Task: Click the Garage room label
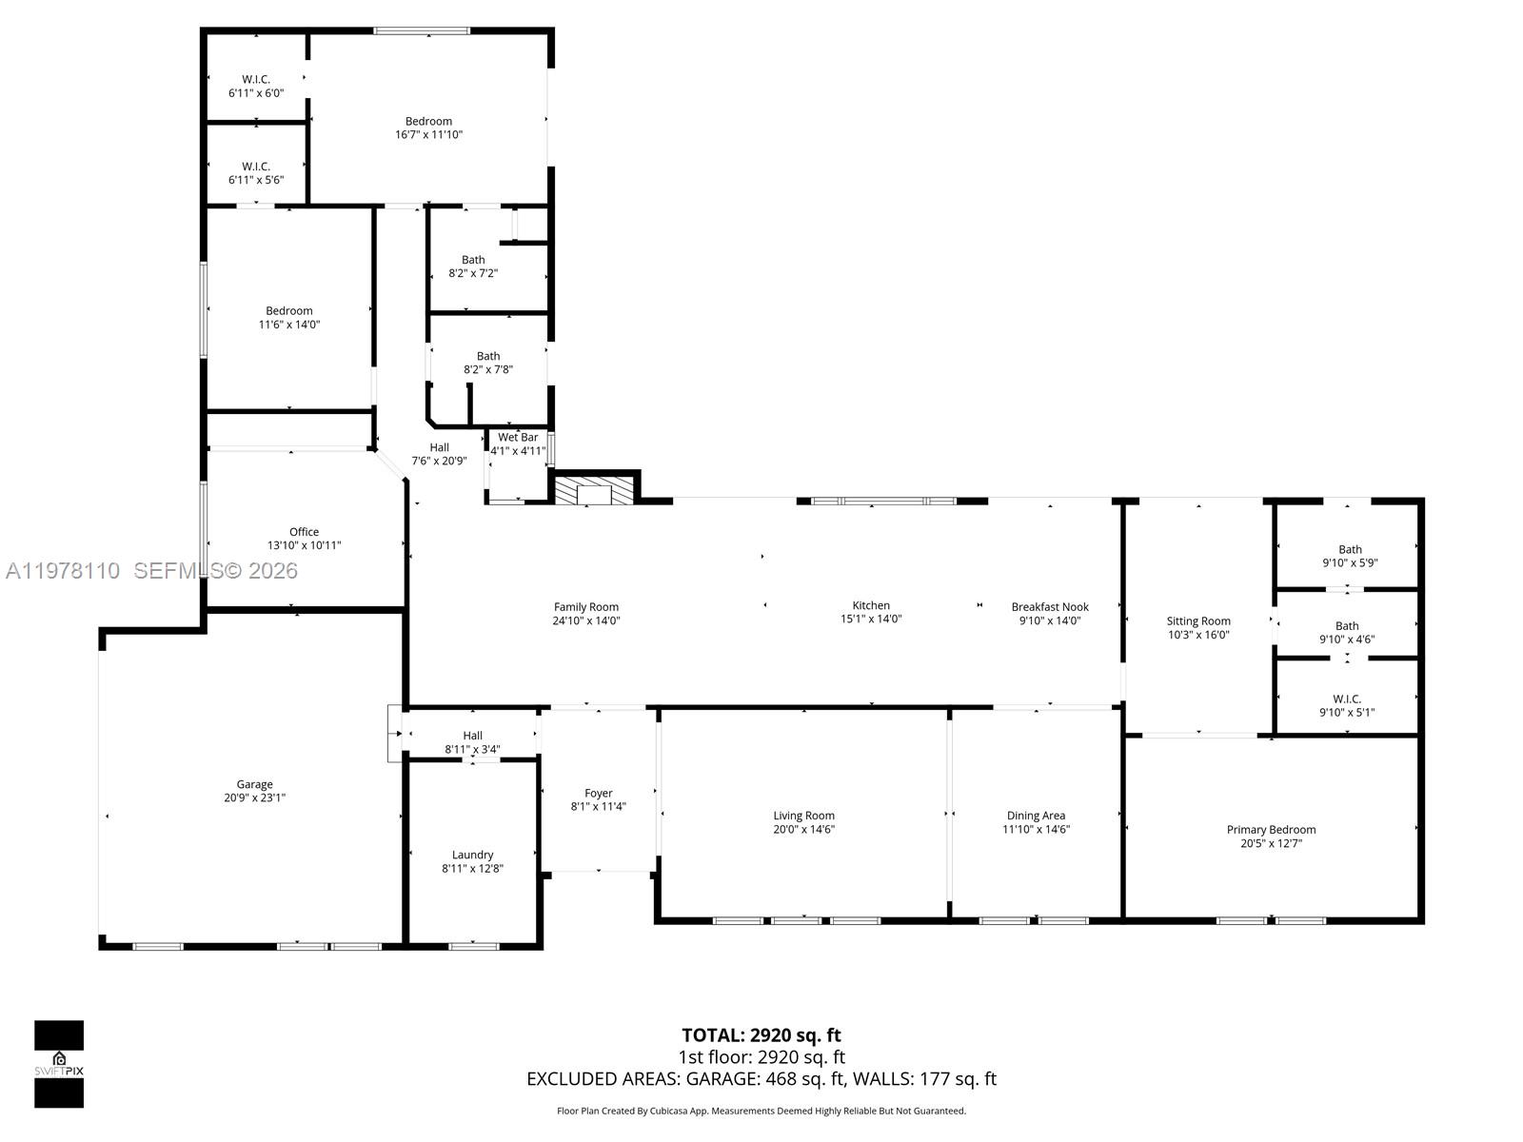(x=254, y=784)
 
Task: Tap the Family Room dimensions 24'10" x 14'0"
(x=586, y=620)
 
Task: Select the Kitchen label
(x=871, y=605)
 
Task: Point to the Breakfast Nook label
(x=1050, y=606)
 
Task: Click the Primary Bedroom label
(x=1271, y=829)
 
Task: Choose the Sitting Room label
(x=1198, y=620)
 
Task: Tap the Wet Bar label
(x=518, y=438)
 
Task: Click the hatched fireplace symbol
(x=595, y=490)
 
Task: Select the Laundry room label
(x=472, y=855)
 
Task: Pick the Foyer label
(x=599, y=793)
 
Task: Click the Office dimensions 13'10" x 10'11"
(x=304, y=545)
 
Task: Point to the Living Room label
(x=803, y=815)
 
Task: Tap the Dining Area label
(x=1036, y=815)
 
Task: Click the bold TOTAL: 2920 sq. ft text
(x=761, y=1034)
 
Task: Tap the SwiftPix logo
(x=59, y=1064)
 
